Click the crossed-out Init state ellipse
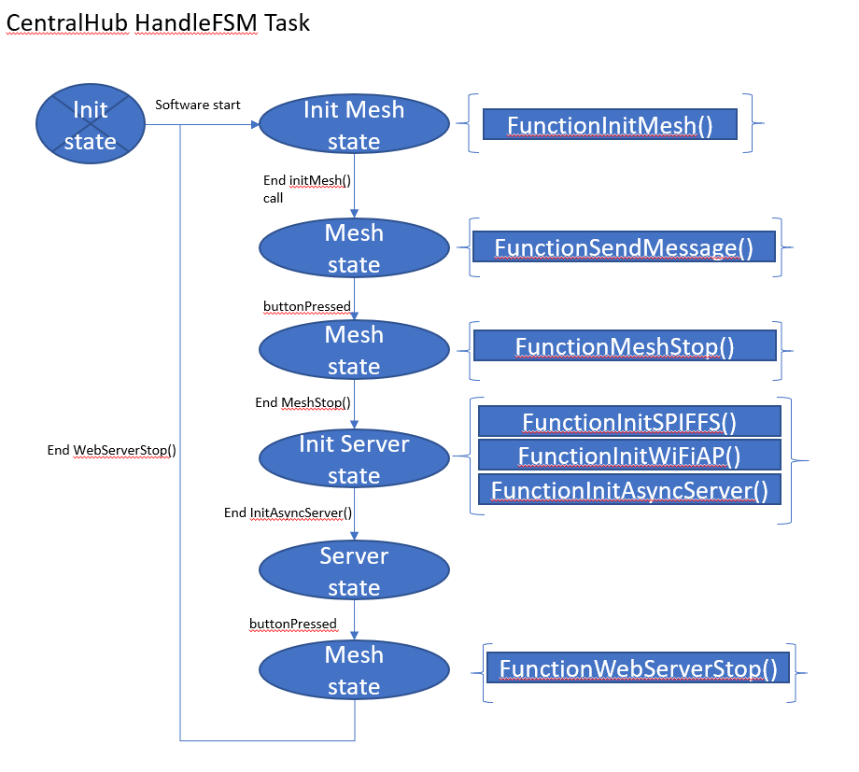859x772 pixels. [91, 125]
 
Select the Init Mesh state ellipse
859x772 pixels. [354, 125]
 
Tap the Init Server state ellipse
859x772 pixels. [354, 459]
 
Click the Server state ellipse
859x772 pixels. [354, 571]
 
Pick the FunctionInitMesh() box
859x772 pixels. [610, 125]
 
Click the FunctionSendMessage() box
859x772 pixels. [624, 247]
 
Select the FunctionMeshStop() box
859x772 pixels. [625, 347]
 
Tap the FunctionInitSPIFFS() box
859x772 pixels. [628, 422]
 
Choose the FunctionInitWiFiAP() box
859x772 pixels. [628, 456]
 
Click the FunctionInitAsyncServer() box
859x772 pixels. [628, 489]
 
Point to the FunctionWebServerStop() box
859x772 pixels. [638, 668]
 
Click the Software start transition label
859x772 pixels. [197, 105]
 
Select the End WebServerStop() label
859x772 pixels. [112, 450]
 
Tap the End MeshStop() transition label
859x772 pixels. [303, 402]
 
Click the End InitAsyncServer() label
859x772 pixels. [288, 512]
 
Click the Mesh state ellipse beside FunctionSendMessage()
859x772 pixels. [354, 248]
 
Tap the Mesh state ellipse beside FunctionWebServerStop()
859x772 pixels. [354, 670]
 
